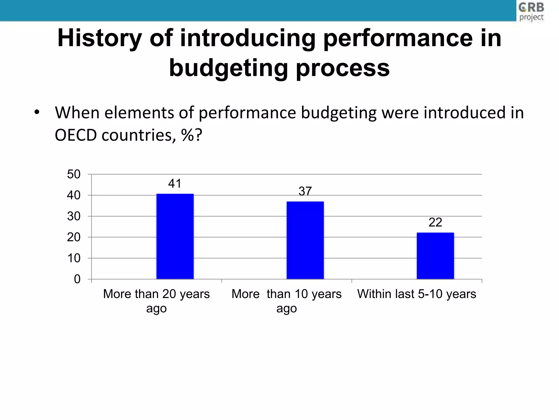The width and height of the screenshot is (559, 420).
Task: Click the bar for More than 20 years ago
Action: coord(175,237)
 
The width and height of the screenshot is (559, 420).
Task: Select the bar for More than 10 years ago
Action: coord(305,240)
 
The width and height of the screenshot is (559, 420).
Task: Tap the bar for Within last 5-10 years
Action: coord(435,256)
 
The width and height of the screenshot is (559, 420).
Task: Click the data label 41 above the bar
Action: coord(175,183)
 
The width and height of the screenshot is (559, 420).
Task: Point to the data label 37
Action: coord(305,191)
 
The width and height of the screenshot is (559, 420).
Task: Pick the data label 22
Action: coord(435,222)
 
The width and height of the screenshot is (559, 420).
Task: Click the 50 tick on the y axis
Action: coord(74,174)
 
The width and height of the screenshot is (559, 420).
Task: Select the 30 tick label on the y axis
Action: coord(74,216)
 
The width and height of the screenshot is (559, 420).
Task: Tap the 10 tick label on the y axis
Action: coord(74,258)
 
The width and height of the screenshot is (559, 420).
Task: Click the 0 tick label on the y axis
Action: coord(77,279)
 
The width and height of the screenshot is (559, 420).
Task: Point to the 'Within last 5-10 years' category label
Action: coord(417,294)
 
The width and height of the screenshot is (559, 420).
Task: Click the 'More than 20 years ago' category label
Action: coord(156,301)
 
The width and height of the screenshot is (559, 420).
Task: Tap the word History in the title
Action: coord(99,38)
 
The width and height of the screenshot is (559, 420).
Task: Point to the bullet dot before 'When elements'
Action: coord(37,112)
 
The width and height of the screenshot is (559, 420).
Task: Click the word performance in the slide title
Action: coord(398,38)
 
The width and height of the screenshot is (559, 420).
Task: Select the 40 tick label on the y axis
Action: coord(74,195)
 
